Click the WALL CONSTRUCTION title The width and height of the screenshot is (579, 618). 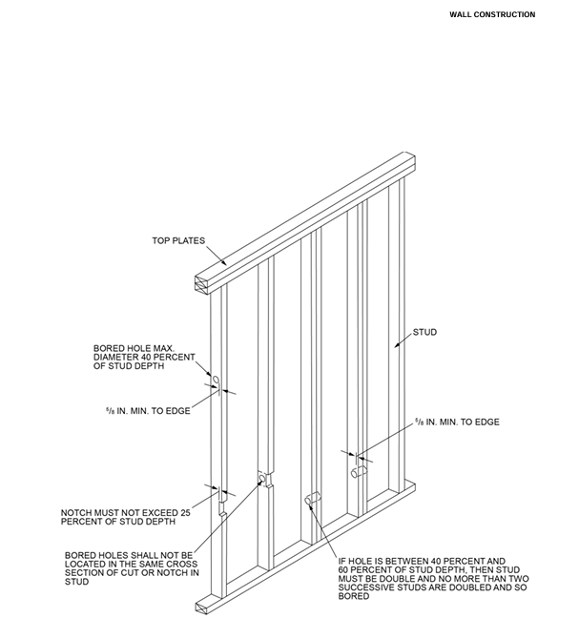click(492, 14)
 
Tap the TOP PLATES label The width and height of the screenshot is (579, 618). click(178, 240)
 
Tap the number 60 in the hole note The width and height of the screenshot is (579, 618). click(342, 569)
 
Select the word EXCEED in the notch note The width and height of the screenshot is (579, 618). click(160, 511)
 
